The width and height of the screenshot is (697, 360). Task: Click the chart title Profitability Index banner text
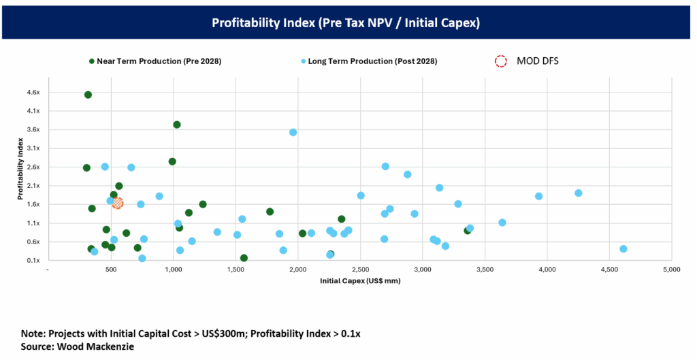coord(346,23)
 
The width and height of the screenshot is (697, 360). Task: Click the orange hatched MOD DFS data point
coord(118,203)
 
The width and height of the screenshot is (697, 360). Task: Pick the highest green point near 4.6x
coord(88,95)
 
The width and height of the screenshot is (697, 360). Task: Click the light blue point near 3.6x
coord(293,132)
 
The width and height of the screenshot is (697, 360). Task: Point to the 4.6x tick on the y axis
coord(33,92)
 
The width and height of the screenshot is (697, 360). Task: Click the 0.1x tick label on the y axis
coord(33,261)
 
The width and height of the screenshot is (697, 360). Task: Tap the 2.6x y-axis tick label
coord(33,167)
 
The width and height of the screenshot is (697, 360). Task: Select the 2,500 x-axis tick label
coord(360,271)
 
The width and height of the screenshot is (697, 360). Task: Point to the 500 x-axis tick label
coord(111,271)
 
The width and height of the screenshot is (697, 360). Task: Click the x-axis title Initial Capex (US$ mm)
coord(360,280)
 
